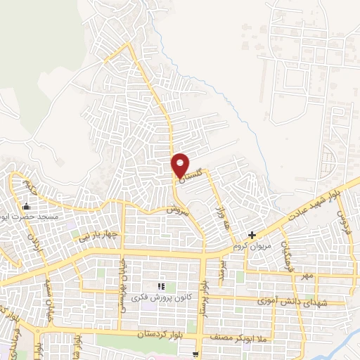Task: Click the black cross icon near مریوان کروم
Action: [252, 235]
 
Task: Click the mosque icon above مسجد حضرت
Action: [27, 207]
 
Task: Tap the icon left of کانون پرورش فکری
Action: [161, 286]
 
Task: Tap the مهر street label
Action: [307, 276]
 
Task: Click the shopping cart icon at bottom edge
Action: [198, 354]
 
